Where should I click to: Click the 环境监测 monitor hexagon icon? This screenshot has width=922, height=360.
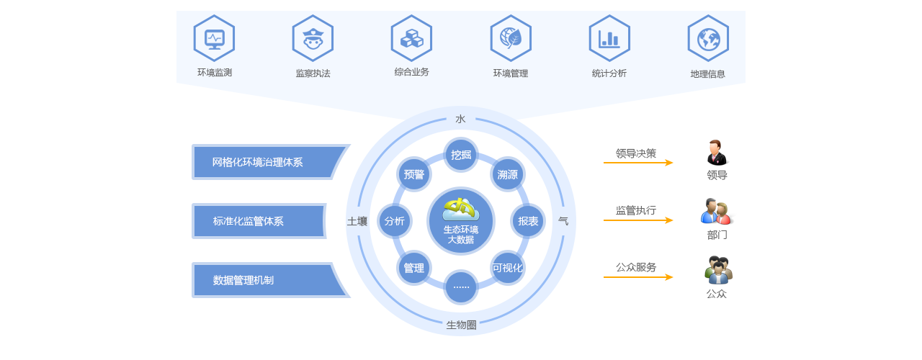(214, 38)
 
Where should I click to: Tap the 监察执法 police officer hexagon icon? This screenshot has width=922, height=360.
(313, 38)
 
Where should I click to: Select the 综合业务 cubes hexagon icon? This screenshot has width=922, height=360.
(411, 38)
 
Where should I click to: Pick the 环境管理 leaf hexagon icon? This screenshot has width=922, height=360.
(511, 38)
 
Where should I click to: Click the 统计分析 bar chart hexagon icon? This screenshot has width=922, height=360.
(609, 38)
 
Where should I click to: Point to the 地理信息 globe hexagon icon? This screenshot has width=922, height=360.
(708, 38)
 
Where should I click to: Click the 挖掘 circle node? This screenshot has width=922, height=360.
(461, 154)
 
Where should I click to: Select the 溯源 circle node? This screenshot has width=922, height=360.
(508, 174)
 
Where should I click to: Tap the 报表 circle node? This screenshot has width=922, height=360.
(528, 221)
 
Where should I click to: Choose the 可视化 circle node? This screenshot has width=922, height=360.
(508, 268)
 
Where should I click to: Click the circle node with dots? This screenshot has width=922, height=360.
(461, 287)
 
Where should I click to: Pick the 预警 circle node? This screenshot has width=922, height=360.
(414, 174)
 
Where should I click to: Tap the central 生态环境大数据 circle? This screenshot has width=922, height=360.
(461, 221)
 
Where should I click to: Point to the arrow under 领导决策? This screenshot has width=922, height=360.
(637, 163)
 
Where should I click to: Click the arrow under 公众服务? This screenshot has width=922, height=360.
(637, 277)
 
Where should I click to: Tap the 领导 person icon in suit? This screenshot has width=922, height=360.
(717, 153)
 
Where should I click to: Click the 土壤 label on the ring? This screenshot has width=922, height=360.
(357, 221)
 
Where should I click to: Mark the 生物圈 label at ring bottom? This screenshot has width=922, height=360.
(461, 325)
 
